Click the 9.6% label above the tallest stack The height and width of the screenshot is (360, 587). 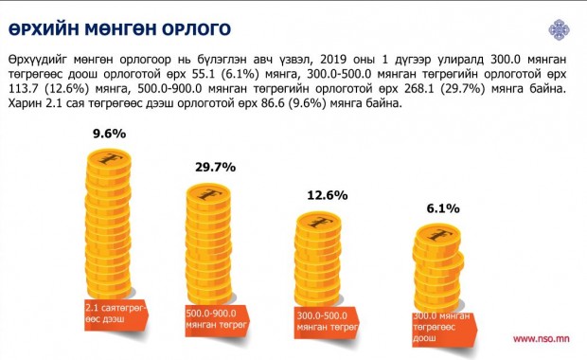coord(109,134)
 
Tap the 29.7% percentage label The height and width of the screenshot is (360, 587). coord(215,167)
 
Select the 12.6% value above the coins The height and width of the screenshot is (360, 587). coord(328,195)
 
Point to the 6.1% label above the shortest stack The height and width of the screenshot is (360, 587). coord(443,208)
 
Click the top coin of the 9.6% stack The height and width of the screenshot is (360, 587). coord(109,160)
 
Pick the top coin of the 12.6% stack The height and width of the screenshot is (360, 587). coord(319,223)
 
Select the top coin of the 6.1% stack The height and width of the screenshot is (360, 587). coord(438,236)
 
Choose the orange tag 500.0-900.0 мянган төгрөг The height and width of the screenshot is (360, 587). coord(218,320)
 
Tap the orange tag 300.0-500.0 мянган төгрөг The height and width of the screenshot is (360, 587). coord(327,322)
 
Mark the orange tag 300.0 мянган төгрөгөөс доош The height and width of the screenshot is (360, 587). coord(445,329)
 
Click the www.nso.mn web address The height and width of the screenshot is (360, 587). coord(542,339)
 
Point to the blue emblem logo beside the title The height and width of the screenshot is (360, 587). coord(559,29)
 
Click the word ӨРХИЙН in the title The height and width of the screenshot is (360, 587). coord(44,29)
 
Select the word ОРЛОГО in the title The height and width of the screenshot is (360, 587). coord(196,29)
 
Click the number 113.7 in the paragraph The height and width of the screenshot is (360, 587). coord(22,89)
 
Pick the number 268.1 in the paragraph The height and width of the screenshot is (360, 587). coord(418,89)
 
